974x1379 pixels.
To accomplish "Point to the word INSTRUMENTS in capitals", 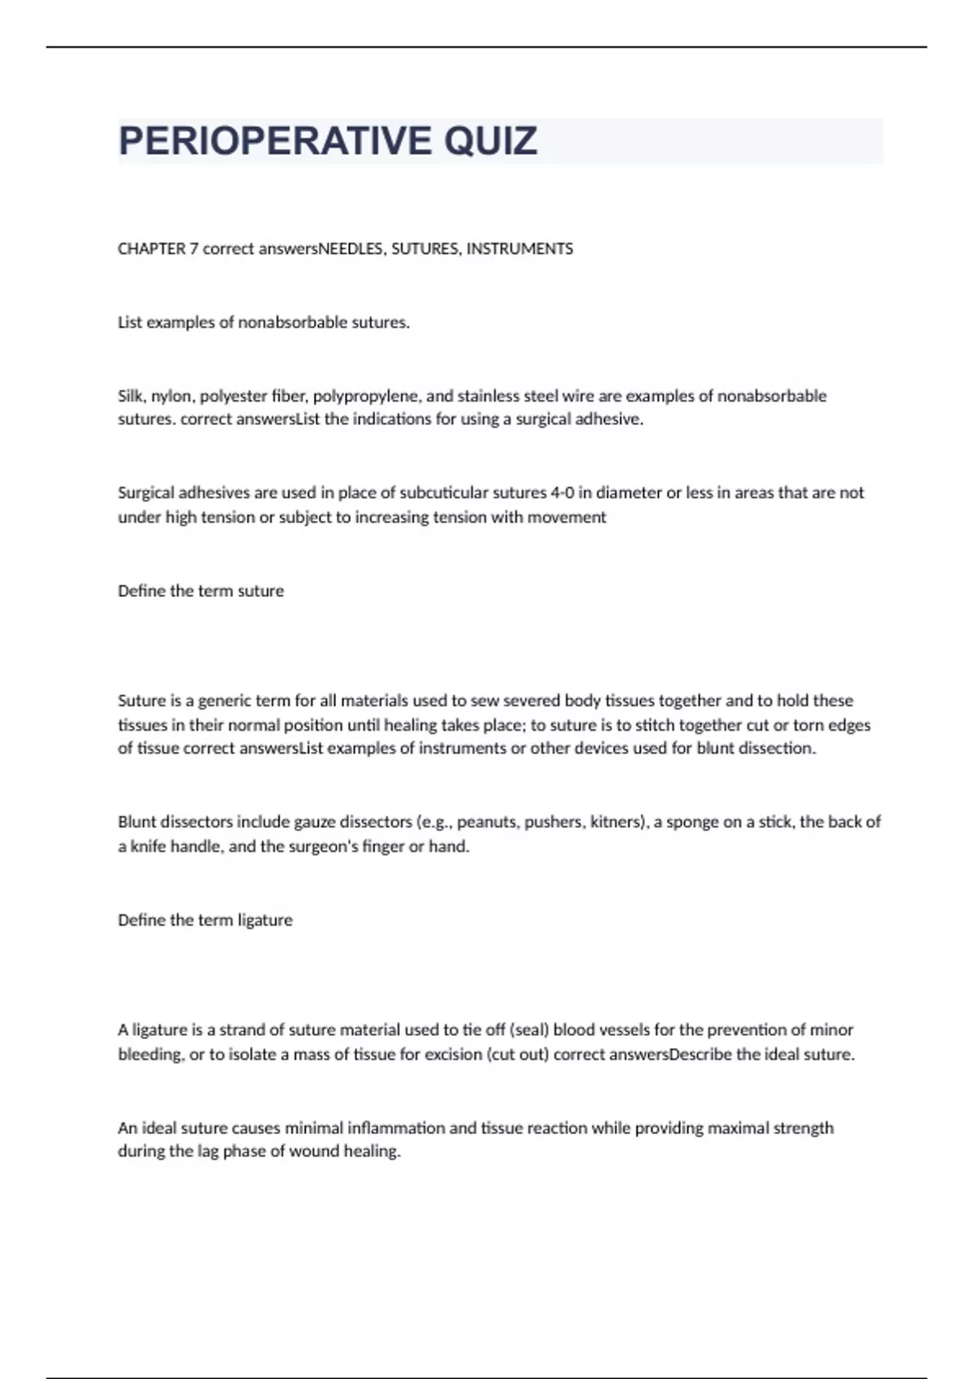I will click(x=519, y=249).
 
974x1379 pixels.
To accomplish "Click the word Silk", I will click(x=130, y=396).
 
